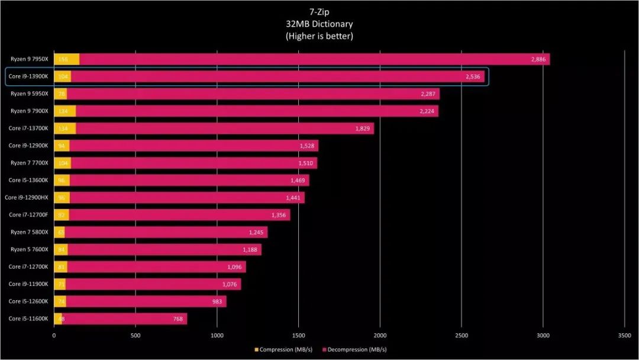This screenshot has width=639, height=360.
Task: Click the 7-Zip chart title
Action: point(319,12)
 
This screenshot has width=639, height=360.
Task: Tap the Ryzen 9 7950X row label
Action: point(29,59)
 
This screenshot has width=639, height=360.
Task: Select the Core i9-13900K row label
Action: point(29,76)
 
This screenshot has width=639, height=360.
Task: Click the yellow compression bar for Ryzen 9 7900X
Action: point(65,111)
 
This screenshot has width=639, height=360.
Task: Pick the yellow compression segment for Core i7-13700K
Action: point(65,128)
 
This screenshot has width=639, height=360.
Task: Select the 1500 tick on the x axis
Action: point(299,335)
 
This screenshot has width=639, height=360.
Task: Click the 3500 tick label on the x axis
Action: point(625,335)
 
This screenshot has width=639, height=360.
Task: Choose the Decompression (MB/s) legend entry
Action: point(354,350)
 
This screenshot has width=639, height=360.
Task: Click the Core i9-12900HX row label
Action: point(27,197)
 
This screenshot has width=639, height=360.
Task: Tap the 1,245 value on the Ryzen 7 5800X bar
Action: point(258,232)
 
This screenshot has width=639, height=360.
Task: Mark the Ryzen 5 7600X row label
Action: point(29,249)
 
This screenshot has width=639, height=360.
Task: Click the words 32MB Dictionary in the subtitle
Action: point(319,24)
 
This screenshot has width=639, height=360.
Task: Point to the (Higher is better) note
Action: point(319,36)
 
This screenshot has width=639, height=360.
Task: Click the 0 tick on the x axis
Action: point(54,335)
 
